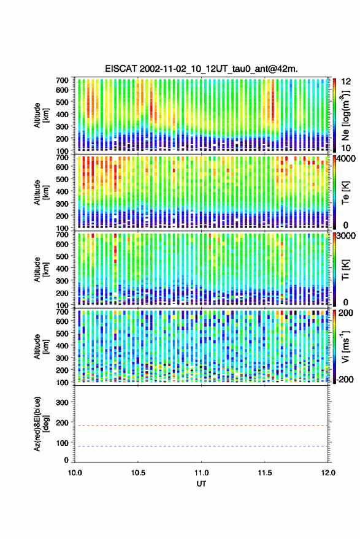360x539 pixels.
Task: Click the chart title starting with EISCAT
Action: [201, 69]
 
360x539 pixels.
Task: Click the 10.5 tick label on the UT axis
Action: [138, 473]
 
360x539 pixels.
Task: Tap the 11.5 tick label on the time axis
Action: [264, 473]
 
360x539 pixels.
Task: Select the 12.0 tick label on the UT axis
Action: [328, 473]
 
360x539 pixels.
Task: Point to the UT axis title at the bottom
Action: [201, 484]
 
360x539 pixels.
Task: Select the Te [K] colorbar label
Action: [345, 193]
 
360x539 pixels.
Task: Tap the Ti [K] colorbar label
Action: [345, 270]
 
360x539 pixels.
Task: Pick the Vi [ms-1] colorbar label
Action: [345, 346]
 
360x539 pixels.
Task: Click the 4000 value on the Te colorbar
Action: [347, 159]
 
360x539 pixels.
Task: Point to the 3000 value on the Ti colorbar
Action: [347, 236]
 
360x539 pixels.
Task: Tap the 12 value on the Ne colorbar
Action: [346, 82]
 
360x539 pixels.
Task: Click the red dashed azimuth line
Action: [201, 426]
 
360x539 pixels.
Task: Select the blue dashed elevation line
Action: [201, 446]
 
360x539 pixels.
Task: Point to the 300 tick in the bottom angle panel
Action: [62, 402]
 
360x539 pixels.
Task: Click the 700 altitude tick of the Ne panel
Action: [62, 80]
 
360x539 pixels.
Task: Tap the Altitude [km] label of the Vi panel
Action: [42, 346]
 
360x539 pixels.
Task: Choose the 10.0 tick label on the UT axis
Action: [75, 473]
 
